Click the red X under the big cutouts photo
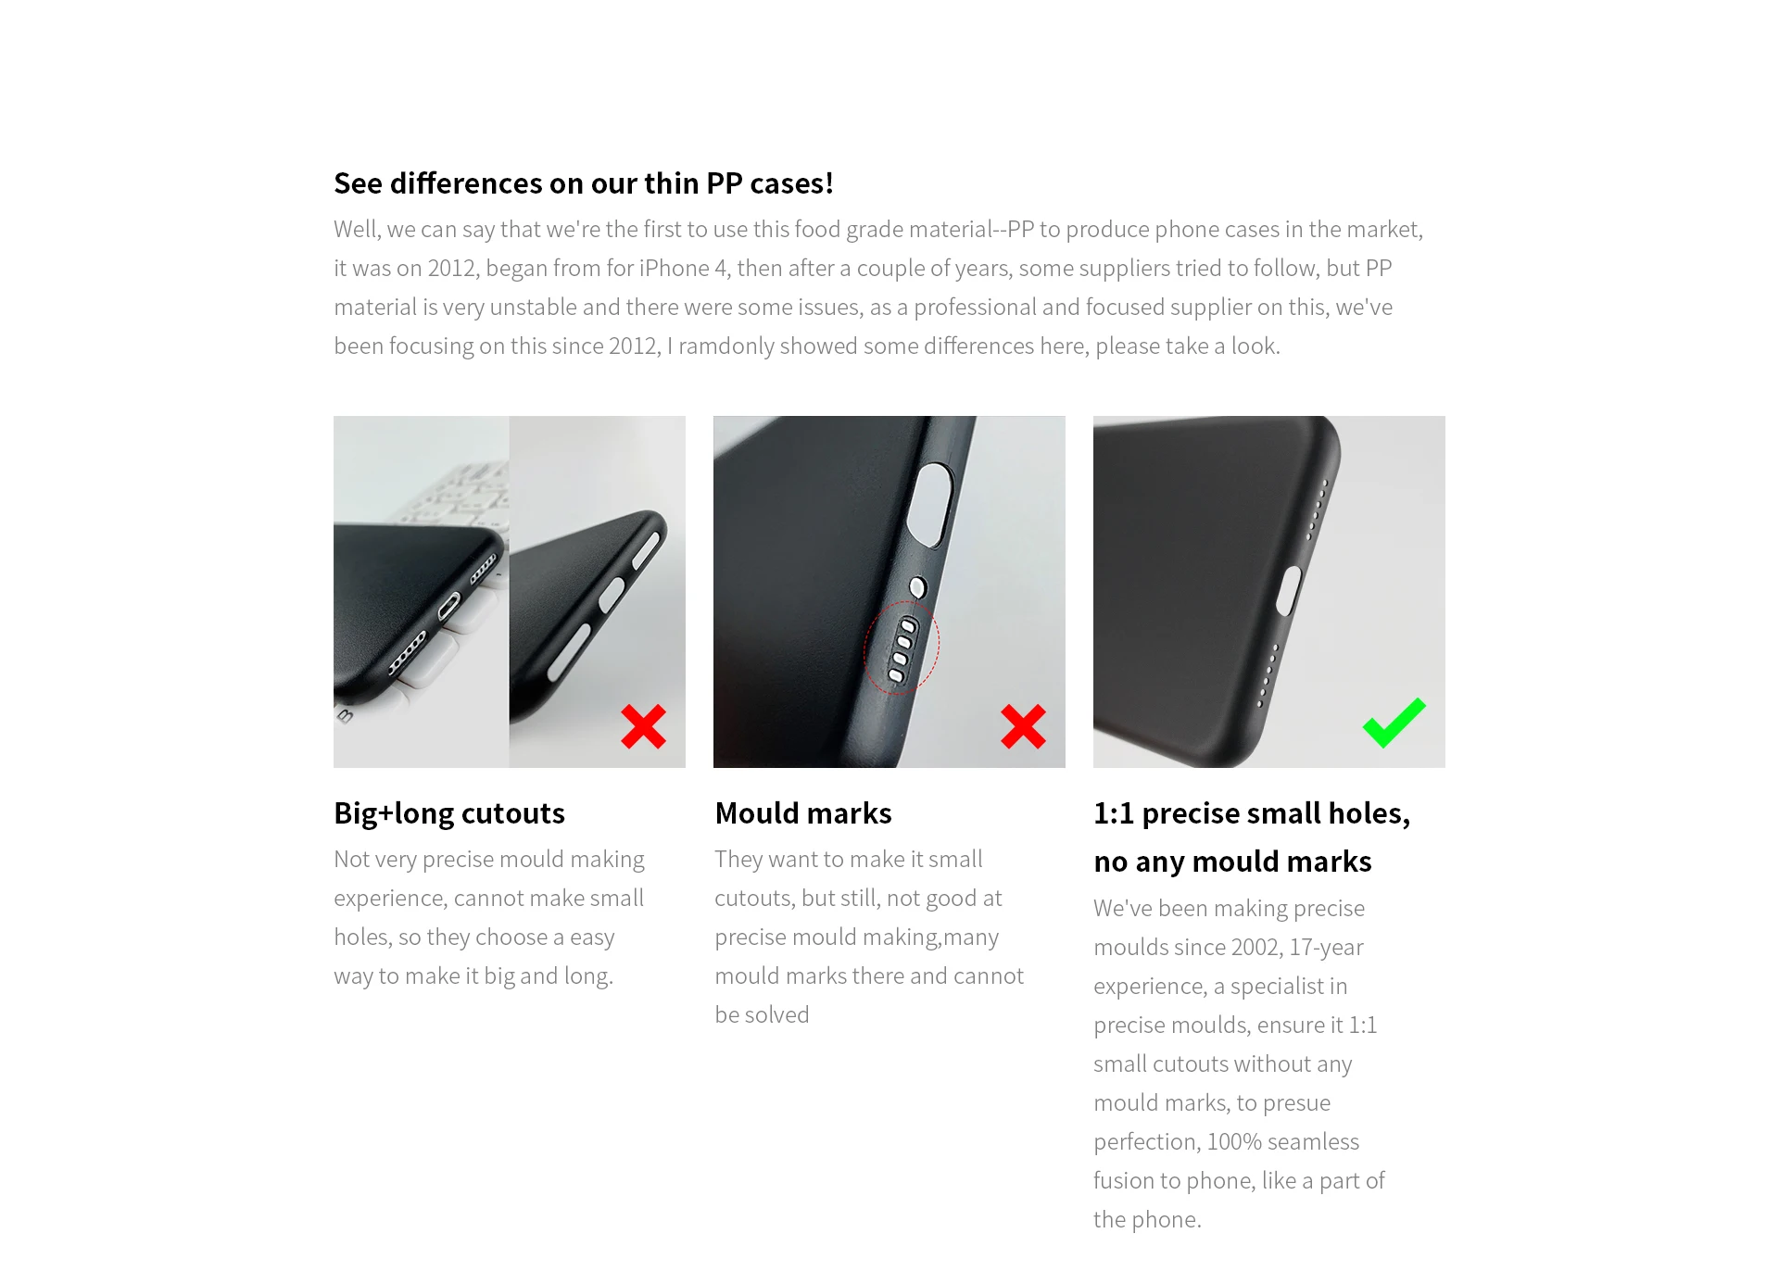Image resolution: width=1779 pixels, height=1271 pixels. point(643,726)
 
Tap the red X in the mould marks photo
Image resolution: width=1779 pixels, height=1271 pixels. point(1023,726)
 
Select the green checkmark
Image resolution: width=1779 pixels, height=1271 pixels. point(1394,722)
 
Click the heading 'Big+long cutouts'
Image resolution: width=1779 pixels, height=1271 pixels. point(448,813)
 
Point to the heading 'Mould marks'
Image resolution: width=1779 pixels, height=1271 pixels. point(802,813)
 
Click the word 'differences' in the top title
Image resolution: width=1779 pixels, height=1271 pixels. point(466,183)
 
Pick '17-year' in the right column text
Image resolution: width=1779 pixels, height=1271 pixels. point(1326,948)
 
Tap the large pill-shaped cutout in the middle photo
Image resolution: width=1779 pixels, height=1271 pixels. point(930,500)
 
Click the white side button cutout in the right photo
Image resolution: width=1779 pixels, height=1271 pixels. point(1288,591)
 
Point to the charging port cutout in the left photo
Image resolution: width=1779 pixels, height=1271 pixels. point(448,608)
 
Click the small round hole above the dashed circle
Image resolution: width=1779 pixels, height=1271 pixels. point(917,587)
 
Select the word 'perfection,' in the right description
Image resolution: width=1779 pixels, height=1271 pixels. point(1146,1142)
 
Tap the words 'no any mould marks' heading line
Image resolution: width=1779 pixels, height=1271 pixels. point(1231,862)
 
